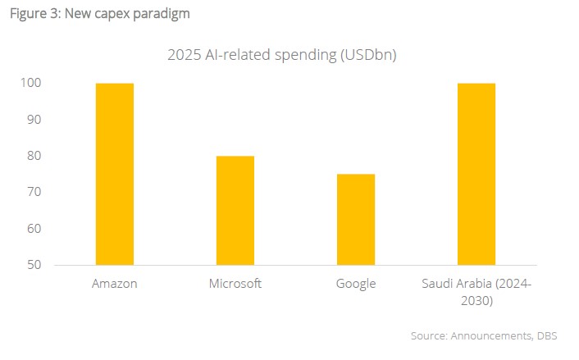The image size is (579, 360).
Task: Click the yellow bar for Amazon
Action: click(115, 174)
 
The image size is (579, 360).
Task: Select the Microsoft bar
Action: click(235, 210)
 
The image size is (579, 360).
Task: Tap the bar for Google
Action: click(356, 219)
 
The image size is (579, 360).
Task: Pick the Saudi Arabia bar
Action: click(476, 174)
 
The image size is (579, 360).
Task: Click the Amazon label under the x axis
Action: click(116, 284)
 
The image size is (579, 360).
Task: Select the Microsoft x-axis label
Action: click(235, 284)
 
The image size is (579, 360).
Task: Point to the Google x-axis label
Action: click(356, 284)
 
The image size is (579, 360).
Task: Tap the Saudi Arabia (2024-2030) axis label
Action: click(476, 292)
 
